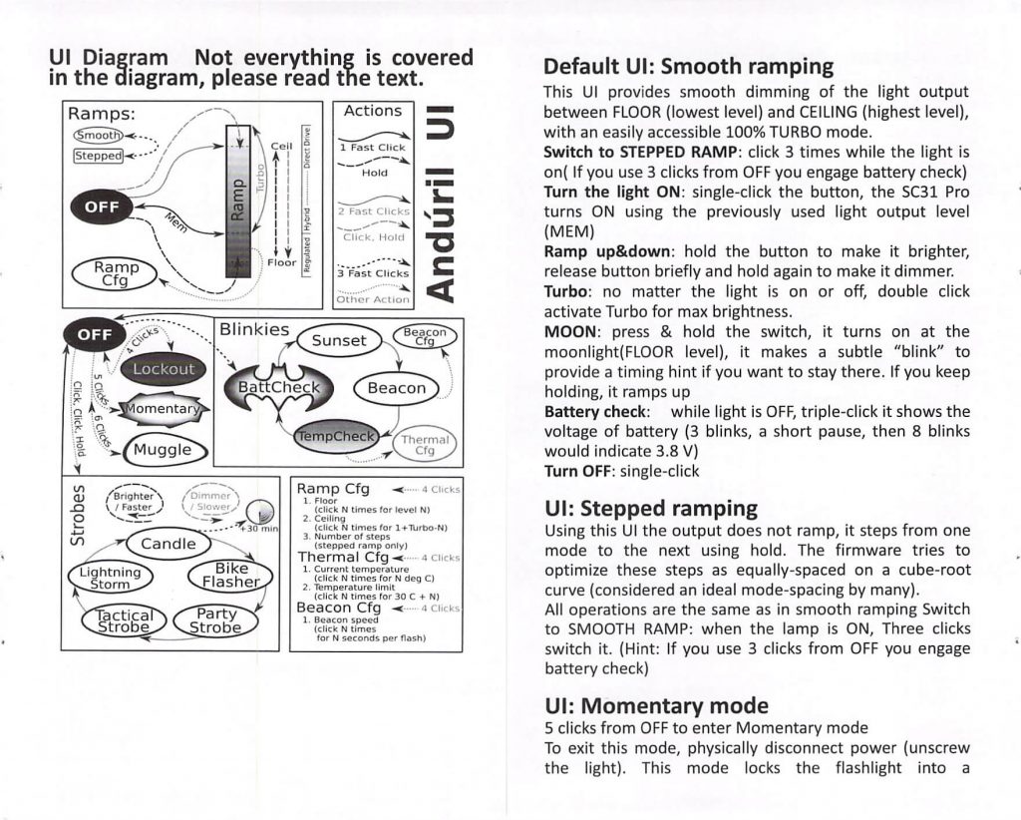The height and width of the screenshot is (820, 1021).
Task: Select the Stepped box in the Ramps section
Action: (97, 156)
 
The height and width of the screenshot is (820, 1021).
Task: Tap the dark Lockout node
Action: (164, 369)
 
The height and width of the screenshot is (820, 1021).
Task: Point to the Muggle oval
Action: (163, 450)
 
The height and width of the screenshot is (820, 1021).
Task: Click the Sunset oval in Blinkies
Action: (339, 340)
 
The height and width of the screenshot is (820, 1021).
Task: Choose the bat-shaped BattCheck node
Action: (273, 388)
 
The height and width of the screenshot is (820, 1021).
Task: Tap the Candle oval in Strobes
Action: (168, 544)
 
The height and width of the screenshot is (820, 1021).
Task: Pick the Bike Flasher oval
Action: (230, 575)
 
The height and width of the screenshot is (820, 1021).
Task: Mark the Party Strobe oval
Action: (215, 620)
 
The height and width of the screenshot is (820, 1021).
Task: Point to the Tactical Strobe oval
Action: (121, 620)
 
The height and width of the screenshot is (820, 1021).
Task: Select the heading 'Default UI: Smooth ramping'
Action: (688, 68)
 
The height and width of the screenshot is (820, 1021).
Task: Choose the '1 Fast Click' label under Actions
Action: (372, 147)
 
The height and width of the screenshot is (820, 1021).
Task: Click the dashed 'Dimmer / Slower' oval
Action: (211, 501)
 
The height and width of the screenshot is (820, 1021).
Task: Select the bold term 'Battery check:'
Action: (598, 412)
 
